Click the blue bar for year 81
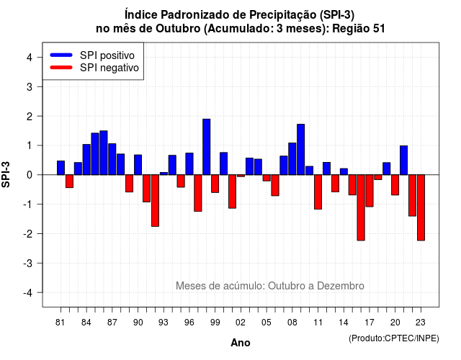(x=61, y=168)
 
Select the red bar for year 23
(x=421, y=207)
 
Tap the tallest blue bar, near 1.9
(x=207, y=147)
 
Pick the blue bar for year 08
(x=292, y=158)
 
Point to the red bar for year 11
(x=318, y=192)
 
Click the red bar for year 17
(x=370, y=191)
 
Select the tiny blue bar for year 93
(x=164, y=174)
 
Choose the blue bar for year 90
(x=138, y=165)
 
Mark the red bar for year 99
(x=215, y=184)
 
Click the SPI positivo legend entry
(x=92, y=55)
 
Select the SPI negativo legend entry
(x=94, y=68)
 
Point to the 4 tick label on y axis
(x=30, y=58)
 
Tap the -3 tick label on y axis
(x=28, y=263)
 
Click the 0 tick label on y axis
(x=30, y=175)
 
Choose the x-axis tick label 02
(x=241, y=323)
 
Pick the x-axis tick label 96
(x=189, y=323)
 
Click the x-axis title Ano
(x=241, y=343)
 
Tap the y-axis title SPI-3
(x=6, y=175)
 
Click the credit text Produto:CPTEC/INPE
(x=394, y=338)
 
